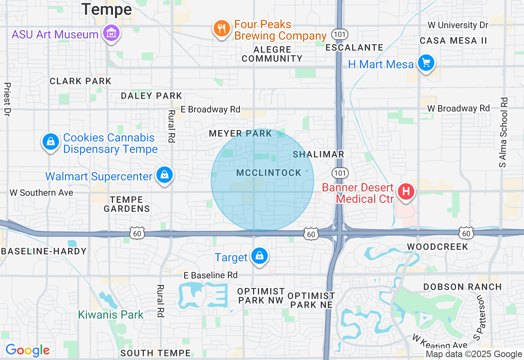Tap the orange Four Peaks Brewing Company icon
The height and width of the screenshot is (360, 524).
coord(221,29)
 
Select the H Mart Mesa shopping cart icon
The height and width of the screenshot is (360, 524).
coord(426,63)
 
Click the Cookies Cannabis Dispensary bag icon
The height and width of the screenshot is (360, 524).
coord(50,142)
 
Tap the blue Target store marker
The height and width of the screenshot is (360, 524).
coord(259,256)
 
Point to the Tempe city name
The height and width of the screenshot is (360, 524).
coord(106,9)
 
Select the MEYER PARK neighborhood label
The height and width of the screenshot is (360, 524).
coord(240,133)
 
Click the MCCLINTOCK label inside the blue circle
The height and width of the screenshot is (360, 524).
coord(269,173)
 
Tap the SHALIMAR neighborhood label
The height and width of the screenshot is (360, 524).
coord(318,154)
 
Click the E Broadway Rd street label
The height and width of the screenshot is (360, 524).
coord(210,109)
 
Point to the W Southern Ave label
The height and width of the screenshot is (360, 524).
coord(41,192)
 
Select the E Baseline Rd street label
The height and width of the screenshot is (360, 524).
coord(210,275)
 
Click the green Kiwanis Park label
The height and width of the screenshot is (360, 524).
coord(111,315)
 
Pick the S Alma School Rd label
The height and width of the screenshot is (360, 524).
coord(503,132)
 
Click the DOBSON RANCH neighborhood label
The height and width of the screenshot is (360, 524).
coord(462,287)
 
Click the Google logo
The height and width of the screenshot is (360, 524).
coord(27,350)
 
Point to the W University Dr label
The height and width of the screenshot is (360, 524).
coord(458,25)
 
